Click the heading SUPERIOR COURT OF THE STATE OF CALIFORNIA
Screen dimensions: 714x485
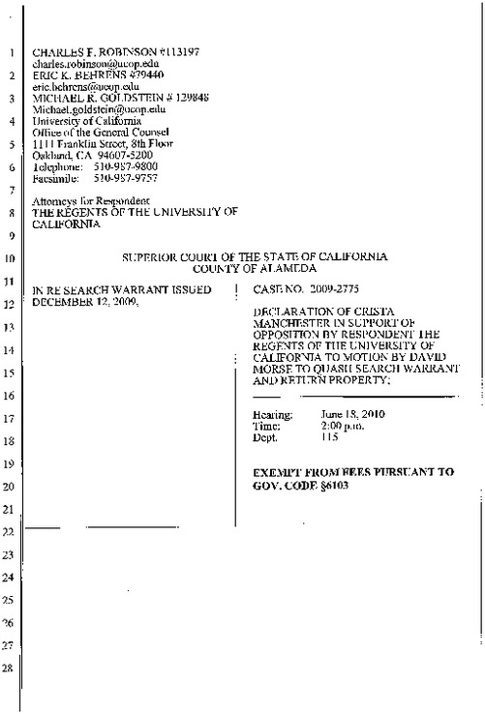(255, 258)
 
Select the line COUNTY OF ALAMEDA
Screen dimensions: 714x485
(255, 270)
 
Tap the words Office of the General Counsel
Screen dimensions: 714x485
(91, 129)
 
